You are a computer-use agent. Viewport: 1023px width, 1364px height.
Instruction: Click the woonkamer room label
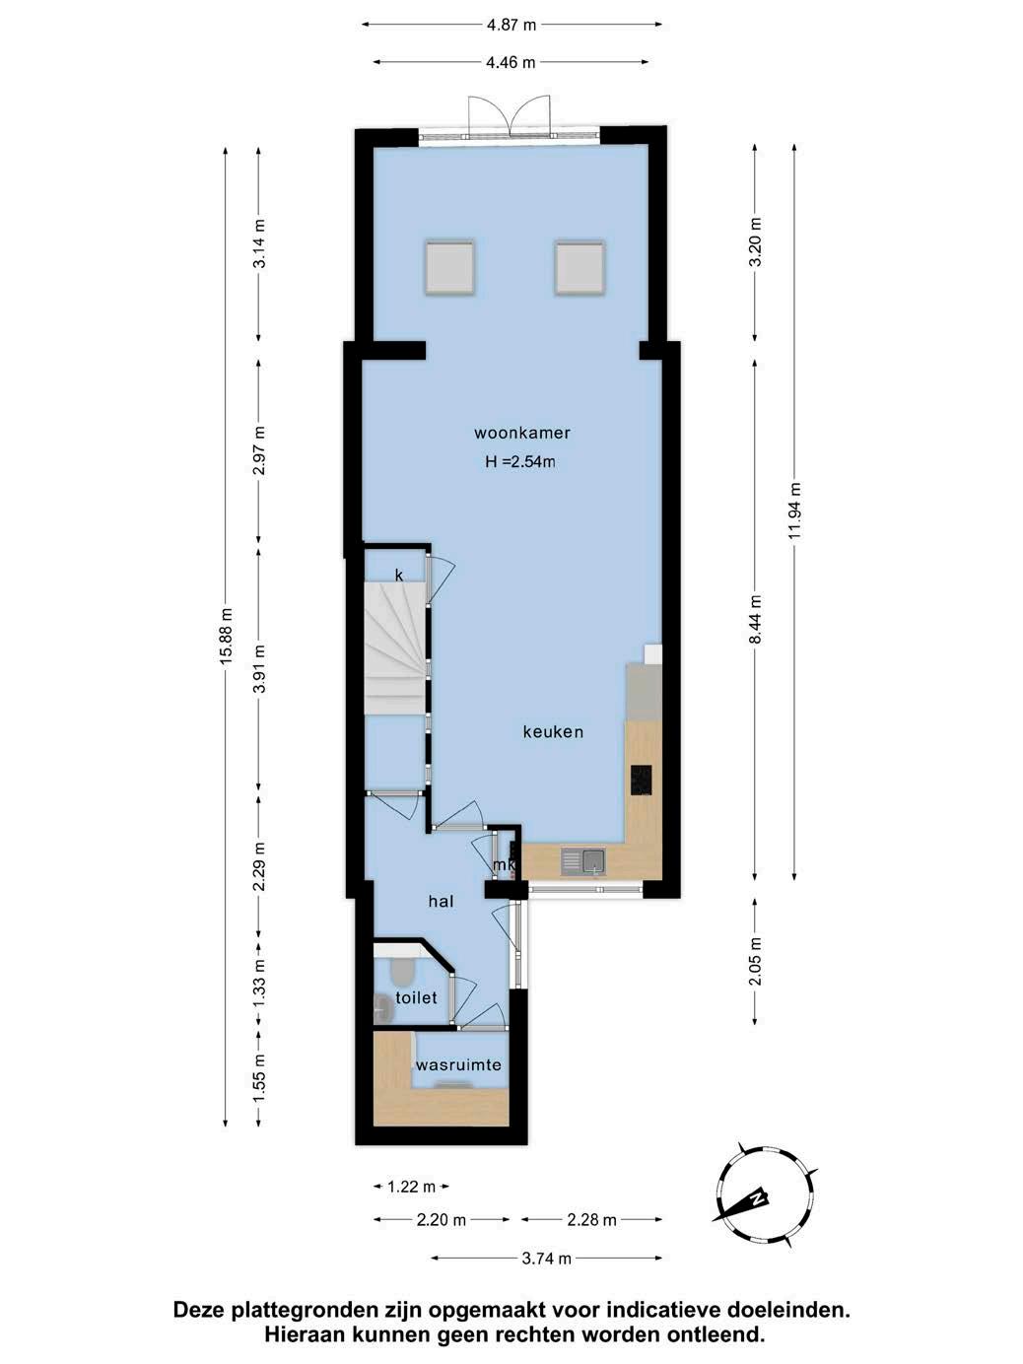[521, 433]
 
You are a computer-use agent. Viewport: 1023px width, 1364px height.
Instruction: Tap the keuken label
[553, 732]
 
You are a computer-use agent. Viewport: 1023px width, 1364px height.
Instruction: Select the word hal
[441, 901]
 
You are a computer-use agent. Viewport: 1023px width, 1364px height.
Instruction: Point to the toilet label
[416, 998]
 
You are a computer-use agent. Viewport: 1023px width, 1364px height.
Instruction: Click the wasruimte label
[458, 1065]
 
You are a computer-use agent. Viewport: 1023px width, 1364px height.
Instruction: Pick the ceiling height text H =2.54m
[520, 462]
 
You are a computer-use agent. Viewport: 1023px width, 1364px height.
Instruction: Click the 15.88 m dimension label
[226, 636]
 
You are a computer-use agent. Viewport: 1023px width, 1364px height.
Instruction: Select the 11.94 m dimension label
[795, 511]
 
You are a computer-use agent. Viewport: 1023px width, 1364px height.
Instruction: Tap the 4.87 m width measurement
[511, 26]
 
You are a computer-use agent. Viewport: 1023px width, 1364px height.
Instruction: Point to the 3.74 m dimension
[546, 1259]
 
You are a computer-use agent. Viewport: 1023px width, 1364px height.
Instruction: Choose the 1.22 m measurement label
[411, 1187]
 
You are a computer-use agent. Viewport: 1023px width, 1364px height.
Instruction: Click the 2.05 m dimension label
[755, 961]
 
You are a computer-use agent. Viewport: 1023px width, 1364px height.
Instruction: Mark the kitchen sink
[583, 862]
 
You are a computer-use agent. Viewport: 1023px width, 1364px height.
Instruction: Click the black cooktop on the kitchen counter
[641, 780]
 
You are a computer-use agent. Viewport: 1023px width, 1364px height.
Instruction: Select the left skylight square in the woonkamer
[450, 268]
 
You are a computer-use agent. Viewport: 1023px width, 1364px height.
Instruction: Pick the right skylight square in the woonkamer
[580, 268]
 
